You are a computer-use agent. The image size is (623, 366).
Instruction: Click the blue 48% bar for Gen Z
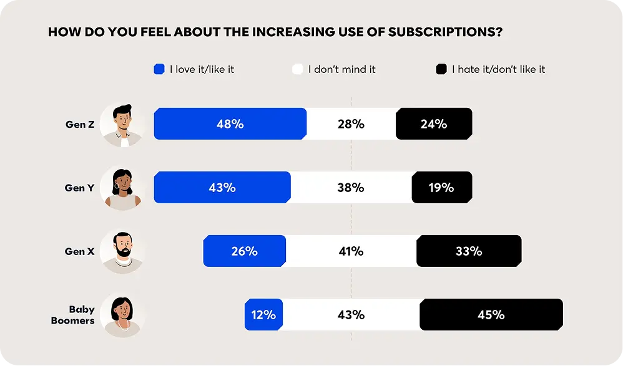230,124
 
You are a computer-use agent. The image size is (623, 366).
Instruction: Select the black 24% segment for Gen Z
434,124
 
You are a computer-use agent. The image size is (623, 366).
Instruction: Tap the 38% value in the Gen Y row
351,188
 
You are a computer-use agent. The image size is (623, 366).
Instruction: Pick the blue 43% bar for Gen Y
222,188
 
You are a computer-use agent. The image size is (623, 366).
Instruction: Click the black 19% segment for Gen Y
441,188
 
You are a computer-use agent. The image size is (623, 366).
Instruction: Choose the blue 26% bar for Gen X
244,251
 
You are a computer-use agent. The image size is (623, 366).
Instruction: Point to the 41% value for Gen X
351,251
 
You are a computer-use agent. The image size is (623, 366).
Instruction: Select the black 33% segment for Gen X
468,251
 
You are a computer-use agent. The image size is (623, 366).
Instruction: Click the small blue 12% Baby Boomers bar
263,315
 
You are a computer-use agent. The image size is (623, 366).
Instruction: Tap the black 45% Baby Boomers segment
491,315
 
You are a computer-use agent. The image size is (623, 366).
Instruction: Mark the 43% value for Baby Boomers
351,315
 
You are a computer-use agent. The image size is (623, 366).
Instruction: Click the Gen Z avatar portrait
122,125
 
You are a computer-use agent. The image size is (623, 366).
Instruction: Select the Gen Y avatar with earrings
122,188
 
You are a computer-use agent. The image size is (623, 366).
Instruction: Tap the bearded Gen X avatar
122,252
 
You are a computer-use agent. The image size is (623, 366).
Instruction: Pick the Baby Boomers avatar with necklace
122,315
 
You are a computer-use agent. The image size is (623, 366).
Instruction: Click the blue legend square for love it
159,69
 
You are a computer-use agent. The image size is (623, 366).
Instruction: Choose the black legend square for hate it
441,69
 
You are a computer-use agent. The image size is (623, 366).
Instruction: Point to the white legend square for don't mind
298,69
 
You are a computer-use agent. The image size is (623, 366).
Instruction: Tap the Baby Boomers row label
81,315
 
